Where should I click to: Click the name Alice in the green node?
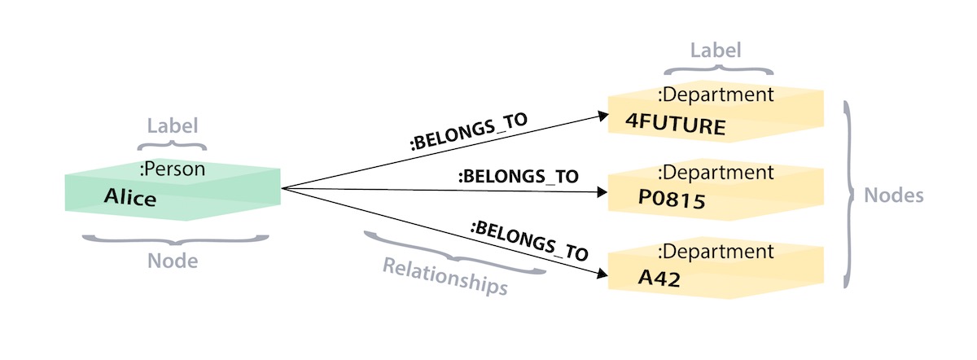tap(130, 197)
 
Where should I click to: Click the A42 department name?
tap(659, 278)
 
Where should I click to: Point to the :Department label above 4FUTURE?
tap(716, 94)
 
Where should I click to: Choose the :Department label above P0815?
tap(716, 172)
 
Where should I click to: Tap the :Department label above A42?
tap(716, 251)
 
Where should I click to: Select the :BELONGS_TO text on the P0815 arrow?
tap(518, 175)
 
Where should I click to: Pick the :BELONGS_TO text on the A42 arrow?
tap(529, 239)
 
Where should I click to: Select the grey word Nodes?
tap(893, 196)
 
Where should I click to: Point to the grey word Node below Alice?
tap(173, 262)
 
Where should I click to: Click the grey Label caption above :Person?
tap(173, 126)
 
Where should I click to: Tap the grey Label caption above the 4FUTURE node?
tap(716, 50)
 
